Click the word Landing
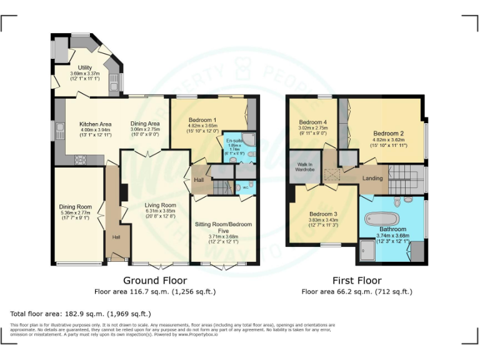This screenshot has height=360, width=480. pos(372,178)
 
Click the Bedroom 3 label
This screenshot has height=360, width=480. pos(323,214)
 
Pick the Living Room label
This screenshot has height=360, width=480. pos(161,205)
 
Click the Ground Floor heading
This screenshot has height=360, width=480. pos(154,280)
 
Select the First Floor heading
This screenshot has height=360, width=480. pos(357,280)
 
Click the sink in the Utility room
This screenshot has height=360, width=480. pos(114,81)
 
